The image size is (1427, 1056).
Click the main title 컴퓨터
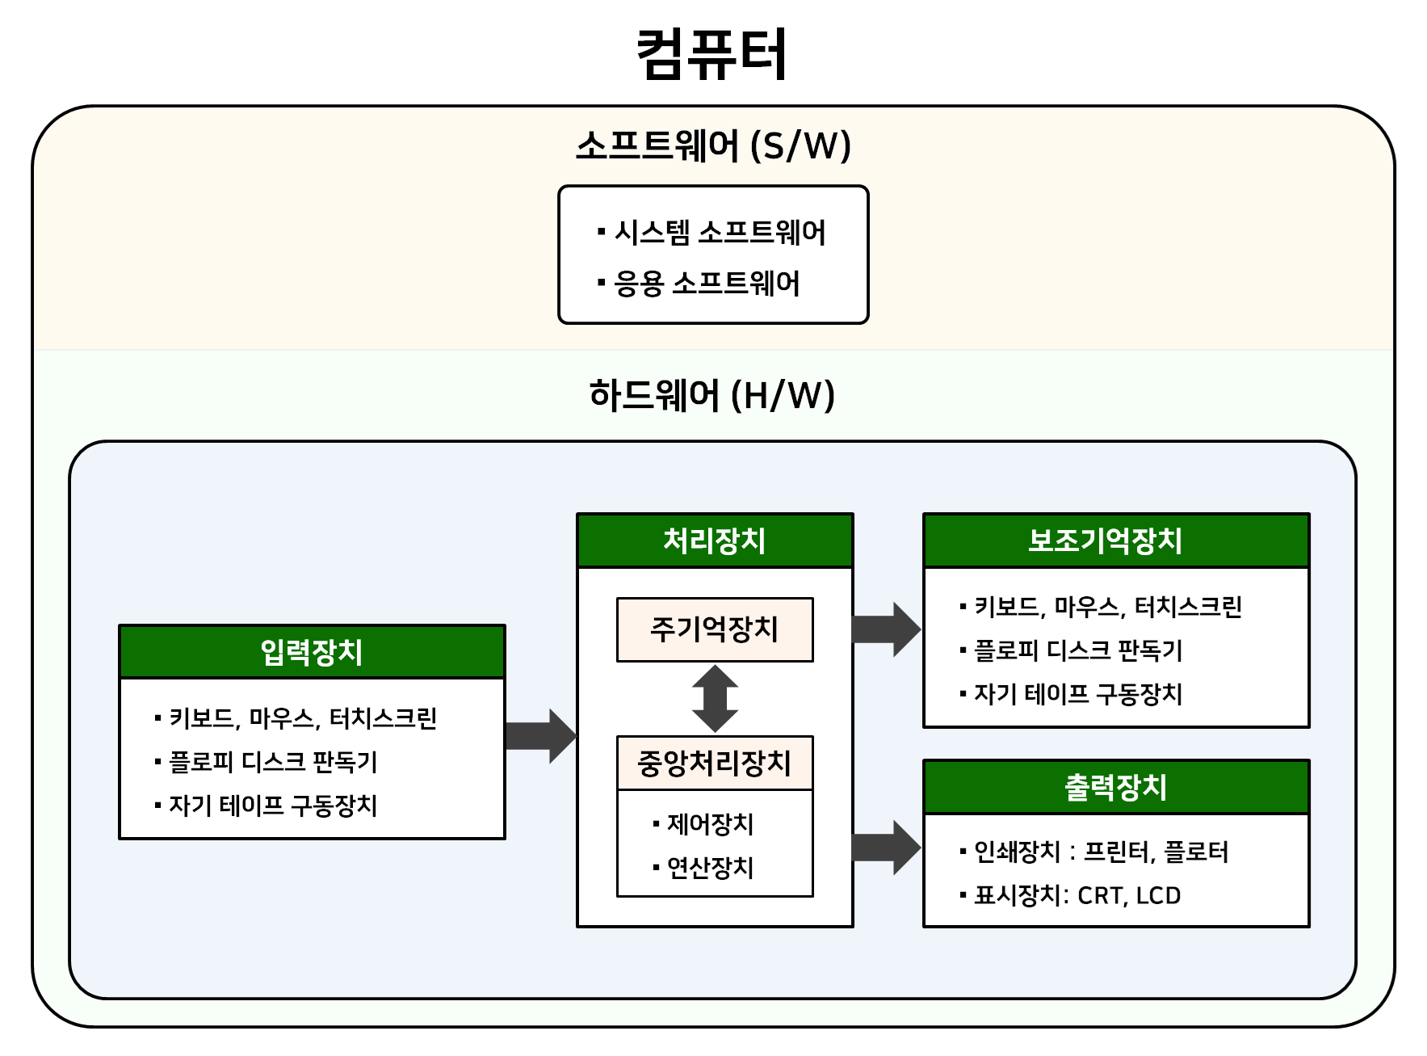(x=711, y=54)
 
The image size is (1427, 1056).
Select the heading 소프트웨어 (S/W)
(x=713, y=146)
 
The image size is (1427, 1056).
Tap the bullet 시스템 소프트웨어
(x=720, y=233)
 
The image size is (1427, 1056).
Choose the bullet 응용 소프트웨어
(x=707, y=284)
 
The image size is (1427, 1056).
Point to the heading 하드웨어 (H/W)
(x=711, y=396)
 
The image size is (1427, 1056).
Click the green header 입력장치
(x=312, y=652)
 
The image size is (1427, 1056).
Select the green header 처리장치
(x=715, y=541)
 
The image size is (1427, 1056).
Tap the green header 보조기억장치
(x=1115, y=541)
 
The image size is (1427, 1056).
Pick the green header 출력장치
(x=1115, y=787)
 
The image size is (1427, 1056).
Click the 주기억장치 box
(x=715, y=629)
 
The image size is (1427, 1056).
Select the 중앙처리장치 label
(x=715, y=764)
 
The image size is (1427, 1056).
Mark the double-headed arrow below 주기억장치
(x=715, y=699)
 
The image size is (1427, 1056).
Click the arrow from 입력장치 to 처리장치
(x=540, y=736)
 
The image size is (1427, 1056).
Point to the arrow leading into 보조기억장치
(x=887, y=629)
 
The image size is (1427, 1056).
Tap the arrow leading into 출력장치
(x=887, y=848)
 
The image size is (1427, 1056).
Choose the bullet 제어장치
(x=710, y=825)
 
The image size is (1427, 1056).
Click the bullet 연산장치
(x=710, y=868)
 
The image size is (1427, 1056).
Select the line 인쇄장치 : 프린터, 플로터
(x=1101, y=852)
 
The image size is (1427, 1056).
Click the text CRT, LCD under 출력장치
(x=1129, y=896)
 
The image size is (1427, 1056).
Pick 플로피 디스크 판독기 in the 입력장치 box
(x=273, y=762)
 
